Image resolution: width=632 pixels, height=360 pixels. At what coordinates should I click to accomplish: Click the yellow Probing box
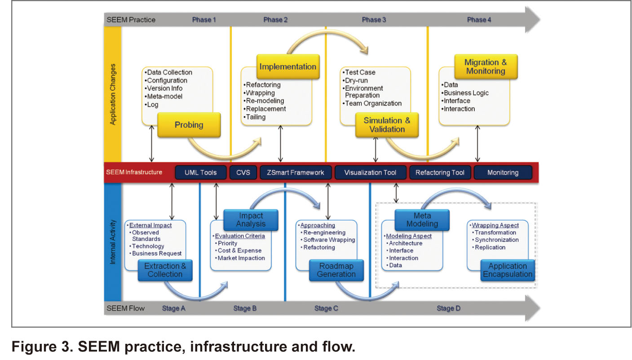click(189, 125)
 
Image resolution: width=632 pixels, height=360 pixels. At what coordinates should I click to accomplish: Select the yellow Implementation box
click(288, 66)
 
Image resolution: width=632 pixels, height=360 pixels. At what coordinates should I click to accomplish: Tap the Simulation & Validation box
click(387, 125)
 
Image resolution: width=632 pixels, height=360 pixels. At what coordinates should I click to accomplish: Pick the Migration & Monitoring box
click(486, 66)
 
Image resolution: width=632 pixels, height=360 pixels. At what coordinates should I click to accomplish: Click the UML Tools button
click(201, 172)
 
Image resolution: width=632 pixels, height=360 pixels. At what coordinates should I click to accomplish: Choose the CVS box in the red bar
click(243, 172)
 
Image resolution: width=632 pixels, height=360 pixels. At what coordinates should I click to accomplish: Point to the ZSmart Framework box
click(296, 172)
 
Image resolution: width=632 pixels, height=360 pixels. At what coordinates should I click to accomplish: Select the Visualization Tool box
click(370, 172)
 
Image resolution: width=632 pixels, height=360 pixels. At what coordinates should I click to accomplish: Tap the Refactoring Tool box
click(440, 172)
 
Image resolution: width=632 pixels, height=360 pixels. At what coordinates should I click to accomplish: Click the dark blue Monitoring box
click(503, 172)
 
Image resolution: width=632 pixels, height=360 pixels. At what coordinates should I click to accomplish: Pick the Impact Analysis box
click(251, 220)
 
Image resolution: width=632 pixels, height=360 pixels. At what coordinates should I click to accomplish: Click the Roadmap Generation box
click(336, 270)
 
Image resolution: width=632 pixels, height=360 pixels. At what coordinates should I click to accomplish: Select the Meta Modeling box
click(422, 220)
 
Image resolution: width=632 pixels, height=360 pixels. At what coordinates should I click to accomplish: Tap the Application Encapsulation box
click(508, 270)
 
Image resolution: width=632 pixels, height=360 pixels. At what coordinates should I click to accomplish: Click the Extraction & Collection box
click(165, 270)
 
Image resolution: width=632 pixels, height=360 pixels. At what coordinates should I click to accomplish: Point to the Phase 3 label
click(374, 20)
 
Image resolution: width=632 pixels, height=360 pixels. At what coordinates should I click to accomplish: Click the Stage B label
click(245, 308)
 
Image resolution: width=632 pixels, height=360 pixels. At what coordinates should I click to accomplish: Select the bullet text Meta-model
click(165, 97)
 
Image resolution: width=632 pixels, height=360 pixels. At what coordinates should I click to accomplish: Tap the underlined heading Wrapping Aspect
click(495, 225)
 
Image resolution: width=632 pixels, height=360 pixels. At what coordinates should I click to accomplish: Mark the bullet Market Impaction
click(241, 258)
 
